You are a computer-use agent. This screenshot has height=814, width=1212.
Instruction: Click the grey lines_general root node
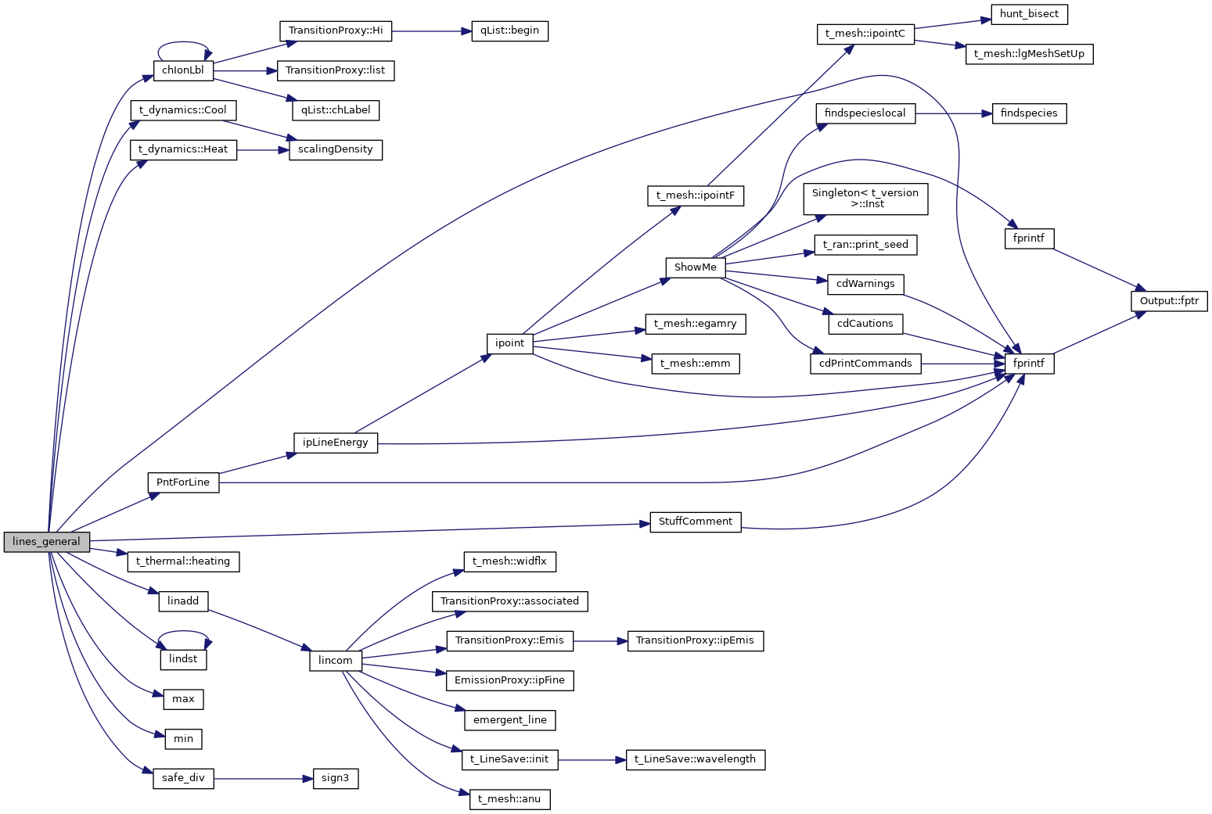46,542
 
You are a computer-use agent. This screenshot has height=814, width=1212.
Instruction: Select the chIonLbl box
183,70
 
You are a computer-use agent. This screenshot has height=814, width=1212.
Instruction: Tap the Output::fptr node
1169,301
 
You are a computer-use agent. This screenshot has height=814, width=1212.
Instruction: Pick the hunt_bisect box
1029,14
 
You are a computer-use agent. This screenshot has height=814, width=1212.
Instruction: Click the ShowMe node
695,267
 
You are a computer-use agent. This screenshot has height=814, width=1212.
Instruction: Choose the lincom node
335,661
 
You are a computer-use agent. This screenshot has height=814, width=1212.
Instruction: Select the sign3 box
335,779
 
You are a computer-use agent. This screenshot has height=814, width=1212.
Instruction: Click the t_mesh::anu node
509,799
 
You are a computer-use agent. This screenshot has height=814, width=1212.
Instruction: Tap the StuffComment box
695,522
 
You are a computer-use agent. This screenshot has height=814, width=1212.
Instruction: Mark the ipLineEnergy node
335,443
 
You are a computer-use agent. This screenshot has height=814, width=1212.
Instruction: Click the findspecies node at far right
1028,113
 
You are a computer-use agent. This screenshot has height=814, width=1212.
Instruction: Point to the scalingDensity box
335,149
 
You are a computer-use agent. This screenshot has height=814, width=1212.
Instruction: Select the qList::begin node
509,31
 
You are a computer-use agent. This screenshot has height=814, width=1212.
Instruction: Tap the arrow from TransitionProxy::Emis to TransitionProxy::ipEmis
600,641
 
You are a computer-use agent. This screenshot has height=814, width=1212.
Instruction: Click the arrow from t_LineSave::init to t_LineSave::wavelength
592,759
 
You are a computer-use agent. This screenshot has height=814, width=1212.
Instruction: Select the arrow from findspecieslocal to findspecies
953,113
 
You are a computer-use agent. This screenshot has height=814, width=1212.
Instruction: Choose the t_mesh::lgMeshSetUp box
1028,55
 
